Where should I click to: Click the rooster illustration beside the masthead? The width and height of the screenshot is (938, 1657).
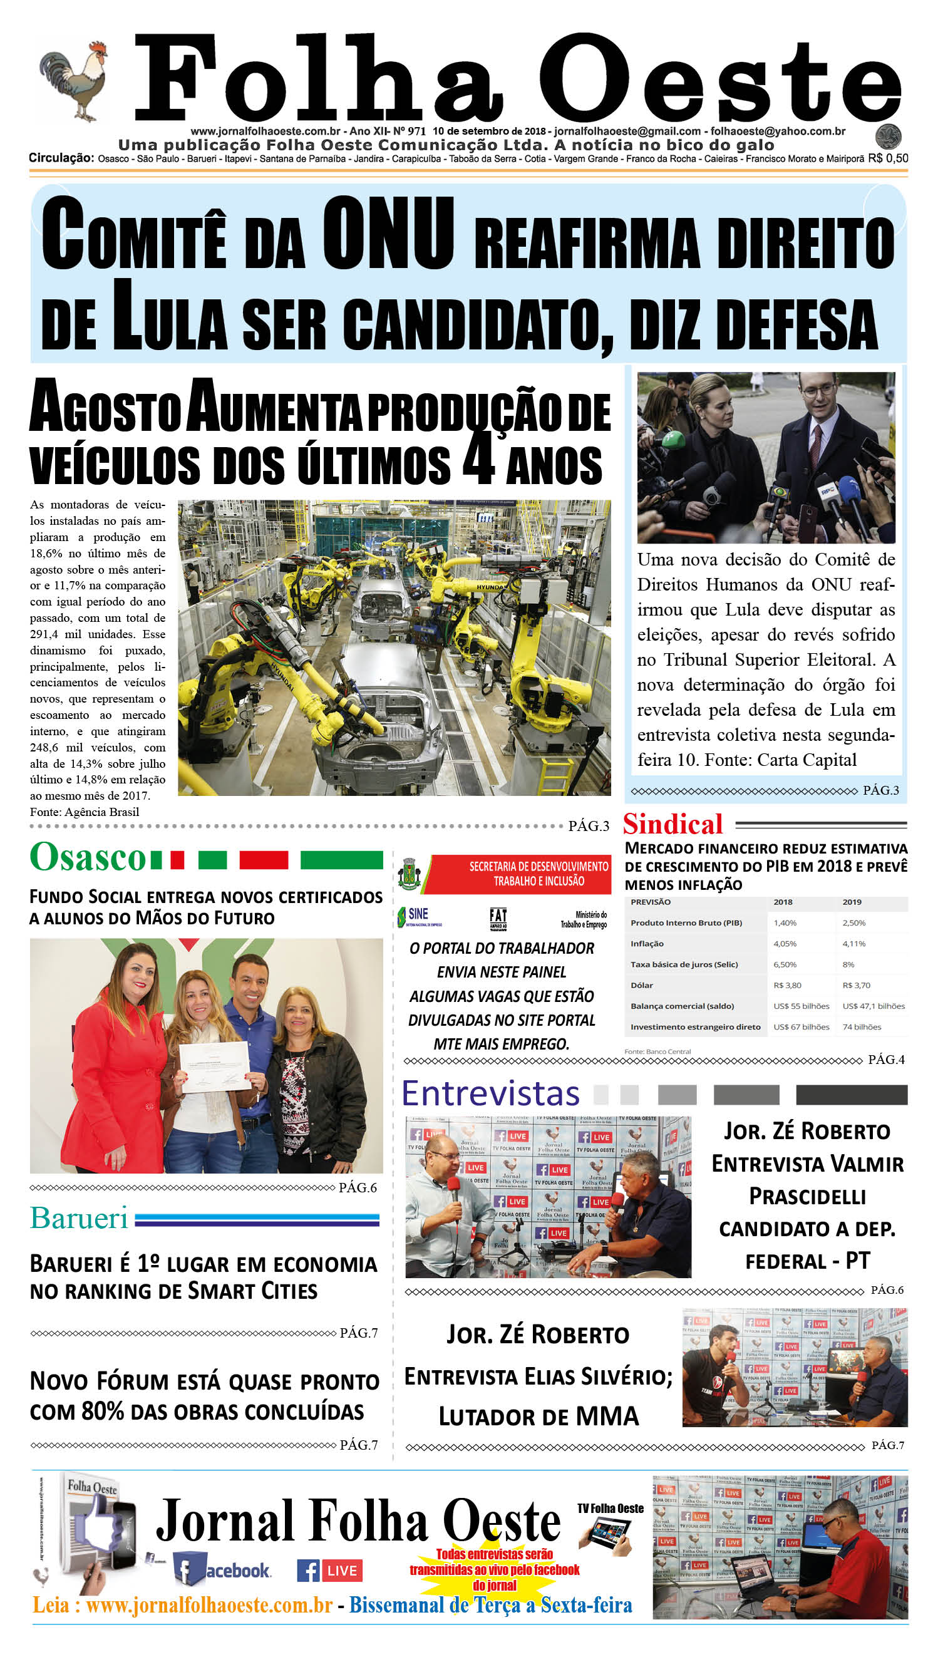[73, 81]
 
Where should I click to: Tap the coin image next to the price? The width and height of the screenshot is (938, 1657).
[889, 137]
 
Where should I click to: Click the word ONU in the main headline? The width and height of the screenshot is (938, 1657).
[388, 233]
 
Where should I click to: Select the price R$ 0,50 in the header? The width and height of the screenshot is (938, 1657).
[888, 158]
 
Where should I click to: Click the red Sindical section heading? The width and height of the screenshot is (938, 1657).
[673, 825]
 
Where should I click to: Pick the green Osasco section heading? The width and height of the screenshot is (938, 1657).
[88, 857]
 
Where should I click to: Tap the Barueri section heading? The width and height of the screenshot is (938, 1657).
[80, 1218]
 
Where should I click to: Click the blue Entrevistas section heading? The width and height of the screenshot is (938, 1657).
[491, 1094]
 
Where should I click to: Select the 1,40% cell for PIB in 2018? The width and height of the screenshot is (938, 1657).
[785, 923]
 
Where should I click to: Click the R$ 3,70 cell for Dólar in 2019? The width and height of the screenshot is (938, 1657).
[855, 985]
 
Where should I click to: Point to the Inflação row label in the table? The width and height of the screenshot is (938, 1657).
[647, 944]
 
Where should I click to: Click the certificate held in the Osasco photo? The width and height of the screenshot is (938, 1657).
[215, 1066]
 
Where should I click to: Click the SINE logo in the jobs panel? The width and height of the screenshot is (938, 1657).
[418, 916]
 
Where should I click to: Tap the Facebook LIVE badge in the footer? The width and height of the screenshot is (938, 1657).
[330, 1571]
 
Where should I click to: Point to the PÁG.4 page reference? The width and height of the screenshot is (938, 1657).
[886, 1060]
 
